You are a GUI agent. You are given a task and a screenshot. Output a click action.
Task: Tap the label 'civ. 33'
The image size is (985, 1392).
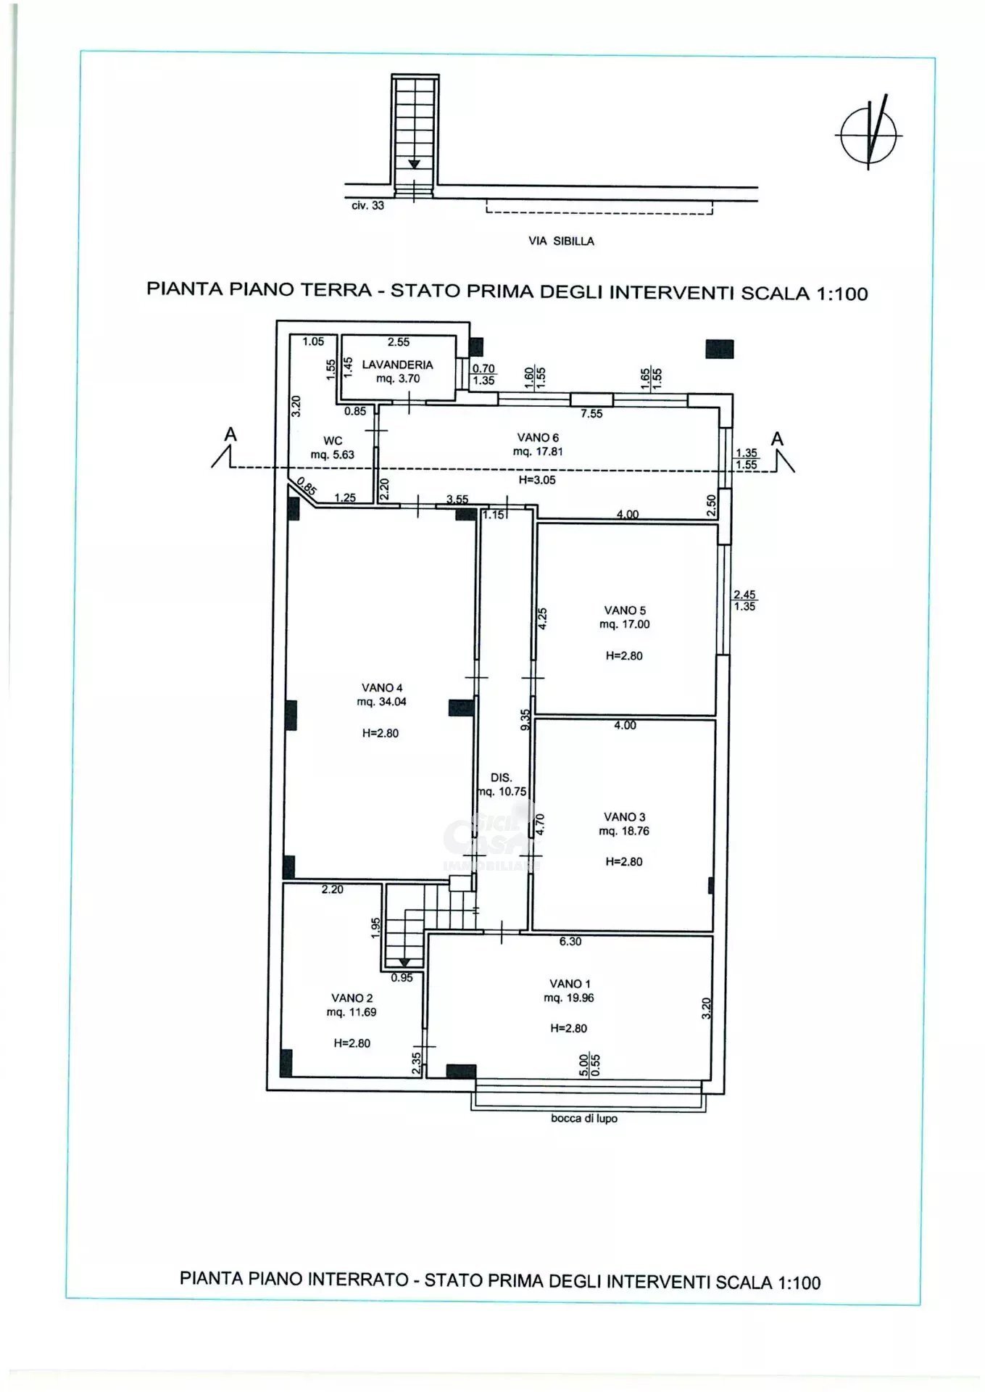(367, 206)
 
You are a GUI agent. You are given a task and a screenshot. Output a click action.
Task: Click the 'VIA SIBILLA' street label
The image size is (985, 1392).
(561, 241)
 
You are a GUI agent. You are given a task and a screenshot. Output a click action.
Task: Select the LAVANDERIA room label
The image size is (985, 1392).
(397, 365)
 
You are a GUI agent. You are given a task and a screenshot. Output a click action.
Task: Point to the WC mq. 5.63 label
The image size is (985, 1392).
(333, 447)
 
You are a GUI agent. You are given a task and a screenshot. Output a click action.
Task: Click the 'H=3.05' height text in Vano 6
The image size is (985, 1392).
(537, 480)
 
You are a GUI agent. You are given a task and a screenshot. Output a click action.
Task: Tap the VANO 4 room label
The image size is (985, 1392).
(382, 688)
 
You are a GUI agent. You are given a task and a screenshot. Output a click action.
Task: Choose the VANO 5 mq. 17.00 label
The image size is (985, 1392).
(625, 618)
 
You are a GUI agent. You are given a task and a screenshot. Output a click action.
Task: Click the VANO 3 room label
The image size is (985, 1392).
(624, 817)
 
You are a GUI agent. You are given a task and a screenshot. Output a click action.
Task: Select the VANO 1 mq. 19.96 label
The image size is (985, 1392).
(569, 990)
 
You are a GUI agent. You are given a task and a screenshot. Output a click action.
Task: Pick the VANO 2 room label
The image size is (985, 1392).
(352, 1005)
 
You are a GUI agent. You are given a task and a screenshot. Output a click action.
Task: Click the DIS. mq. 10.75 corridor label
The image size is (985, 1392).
(502, 784)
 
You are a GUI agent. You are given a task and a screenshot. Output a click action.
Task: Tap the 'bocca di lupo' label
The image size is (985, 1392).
(584, 1119)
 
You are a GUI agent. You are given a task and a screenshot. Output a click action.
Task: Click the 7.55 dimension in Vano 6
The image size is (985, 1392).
(591, 414)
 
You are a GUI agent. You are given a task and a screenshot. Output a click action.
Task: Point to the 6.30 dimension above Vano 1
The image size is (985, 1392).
(570, 942)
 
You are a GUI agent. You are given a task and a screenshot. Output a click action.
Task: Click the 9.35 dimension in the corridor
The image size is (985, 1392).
(526, 719)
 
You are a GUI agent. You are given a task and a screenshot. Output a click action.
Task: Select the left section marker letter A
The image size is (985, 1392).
(230, 434)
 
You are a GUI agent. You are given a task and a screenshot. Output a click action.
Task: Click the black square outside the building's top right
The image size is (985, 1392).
(719, 349)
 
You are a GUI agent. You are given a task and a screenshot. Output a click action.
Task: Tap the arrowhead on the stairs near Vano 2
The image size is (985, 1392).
(403, 963)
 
